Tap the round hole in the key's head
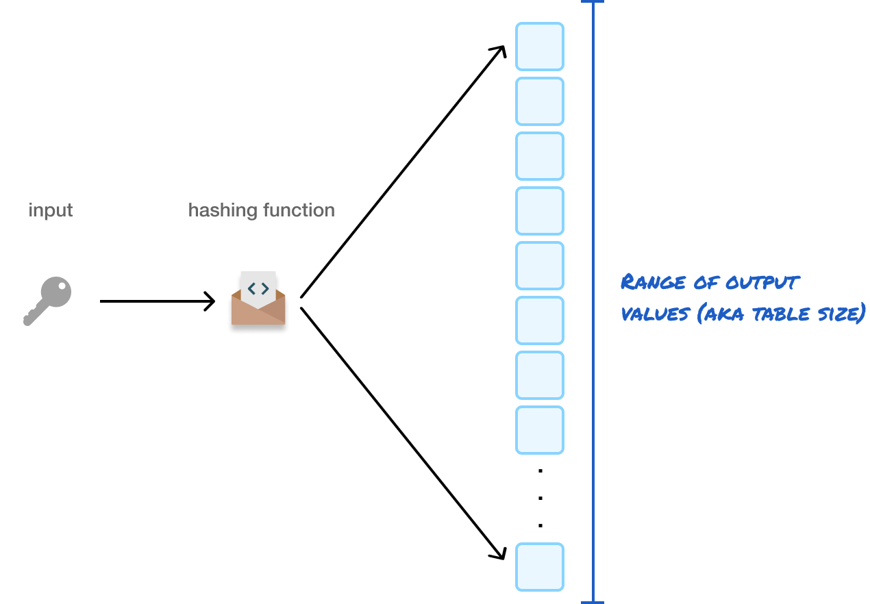click(61, 288)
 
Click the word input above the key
click(51, 210)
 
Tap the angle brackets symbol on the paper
click(258, 288)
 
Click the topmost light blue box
click(540, 47)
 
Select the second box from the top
click(540, 101)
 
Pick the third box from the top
click(540, 156)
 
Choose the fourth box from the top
click(540, 211)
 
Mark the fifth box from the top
click(540, 266)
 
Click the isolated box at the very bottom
click(540, 567)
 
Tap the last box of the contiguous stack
click(540, 430)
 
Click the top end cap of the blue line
click(593, 2)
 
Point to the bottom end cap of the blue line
click(593, 602)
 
